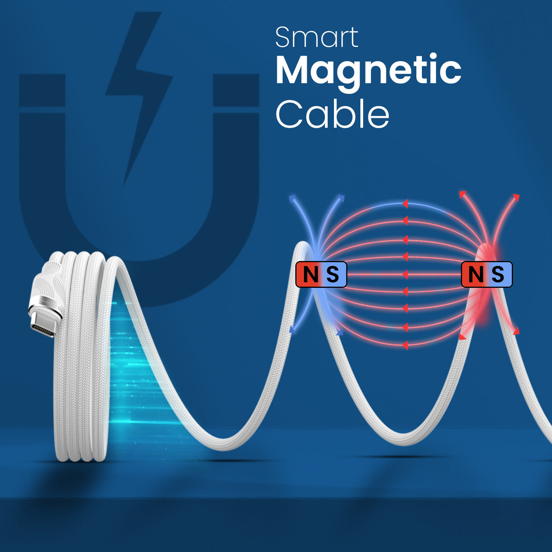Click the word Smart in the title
pos(317,37)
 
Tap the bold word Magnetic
pos(368,70)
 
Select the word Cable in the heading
pos(332,114)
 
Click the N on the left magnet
pos(310,274)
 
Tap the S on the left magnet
pos(332,274)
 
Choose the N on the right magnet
pos(476,274)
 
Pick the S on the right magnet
pos(498,274)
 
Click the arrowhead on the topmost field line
pos(405,204)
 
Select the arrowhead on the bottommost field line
pos(405,346)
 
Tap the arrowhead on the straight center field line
pos(405,274)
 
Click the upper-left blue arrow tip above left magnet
pos(292,198)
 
